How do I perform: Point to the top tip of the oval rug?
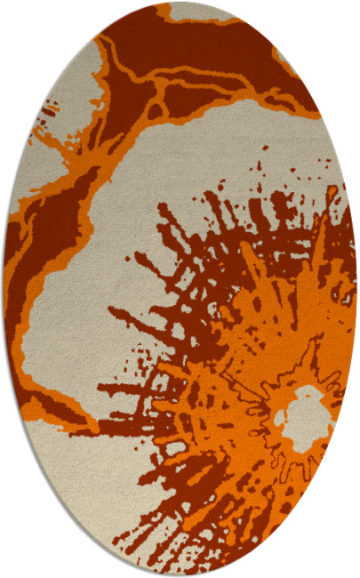(x=180, y=3)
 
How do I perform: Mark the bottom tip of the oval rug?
(x=180, y=575)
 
